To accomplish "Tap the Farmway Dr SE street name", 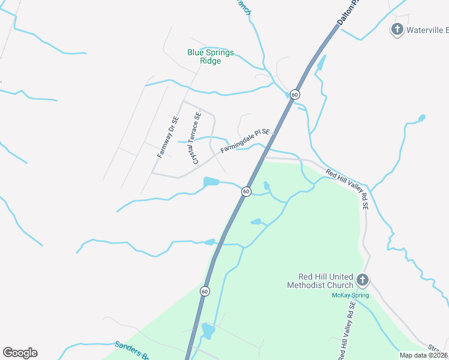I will [x=168, y=137].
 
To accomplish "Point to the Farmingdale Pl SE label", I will [x=246, y=142].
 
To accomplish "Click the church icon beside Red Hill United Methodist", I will [x=362, y=280].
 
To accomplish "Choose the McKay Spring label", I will [x=350, y=295].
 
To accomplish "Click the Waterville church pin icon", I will [x=396, y=29].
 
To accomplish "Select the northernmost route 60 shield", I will [x=294, y=95].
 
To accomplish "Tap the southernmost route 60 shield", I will [x=205, y=292].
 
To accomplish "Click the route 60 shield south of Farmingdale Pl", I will [x=246, y=191].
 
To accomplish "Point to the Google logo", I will [x=20, y=353].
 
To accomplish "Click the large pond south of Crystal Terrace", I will [x=211, y=181].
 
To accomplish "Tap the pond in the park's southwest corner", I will [x=208, y=330].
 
